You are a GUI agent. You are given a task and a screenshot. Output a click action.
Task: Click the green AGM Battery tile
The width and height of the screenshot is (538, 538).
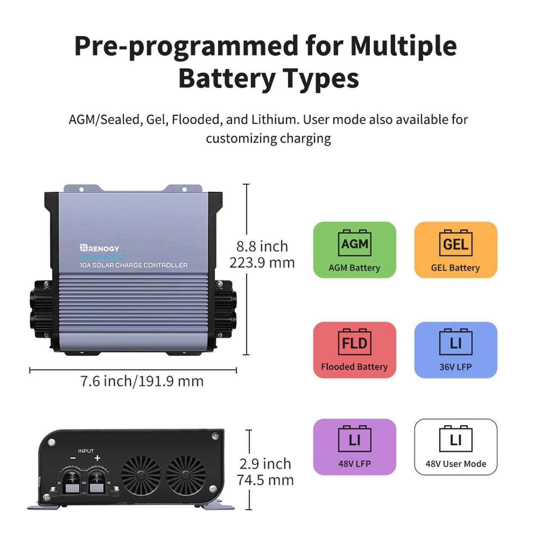pyautogui.click(x=354, y=250)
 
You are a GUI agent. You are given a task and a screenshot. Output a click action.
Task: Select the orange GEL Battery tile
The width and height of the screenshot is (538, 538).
pyautogui.click(x=456, y=250)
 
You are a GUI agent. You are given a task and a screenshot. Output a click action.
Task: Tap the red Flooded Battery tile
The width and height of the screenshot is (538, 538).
pyautogui.click(x=354, y=350)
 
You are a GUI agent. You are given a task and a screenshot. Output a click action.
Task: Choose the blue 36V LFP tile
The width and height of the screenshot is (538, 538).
pyautogui.click(x=456, y=350)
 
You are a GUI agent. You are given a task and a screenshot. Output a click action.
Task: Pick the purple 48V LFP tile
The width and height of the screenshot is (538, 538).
pyautogui.click(x=354, y=446)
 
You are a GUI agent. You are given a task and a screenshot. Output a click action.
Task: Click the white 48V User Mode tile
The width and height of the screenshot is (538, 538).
pyautogui.click(x=456, y=446)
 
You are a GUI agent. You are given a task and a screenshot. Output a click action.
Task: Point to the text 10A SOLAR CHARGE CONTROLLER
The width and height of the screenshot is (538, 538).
pyautogui.click(x=134, y=265)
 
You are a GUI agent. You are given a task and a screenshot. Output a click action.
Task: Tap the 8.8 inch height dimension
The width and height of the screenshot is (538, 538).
pyautogui.click(x=262, y=246)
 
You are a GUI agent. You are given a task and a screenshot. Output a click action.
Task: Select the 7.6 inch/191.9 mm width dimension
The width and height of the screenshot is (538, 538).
pyautogui.click(x=142, y=381)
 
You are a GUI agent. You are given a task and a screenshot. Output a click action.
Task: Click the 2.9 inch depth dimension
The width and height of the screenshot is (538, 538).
pyautogui.click(x=265, y=464)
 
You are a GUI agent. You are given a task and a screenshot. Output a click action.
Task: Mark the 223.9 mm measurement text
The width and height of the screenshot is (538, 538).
pyautogui.click(x=262, y=263)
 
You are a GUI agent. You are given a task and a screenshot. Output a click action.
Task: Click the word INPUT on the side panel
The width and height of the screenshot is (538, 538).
pyautogui.click(x=86, y=451)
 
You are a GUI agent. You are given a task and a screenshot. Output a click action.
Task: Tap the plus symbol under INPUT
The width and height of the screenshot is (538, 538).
pyautogui.click(x=98, y=459)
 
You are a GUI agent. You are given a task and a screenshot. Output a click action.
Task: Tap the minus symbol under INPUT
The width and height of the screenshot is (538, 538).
pyautogui.click(x=73, y=459)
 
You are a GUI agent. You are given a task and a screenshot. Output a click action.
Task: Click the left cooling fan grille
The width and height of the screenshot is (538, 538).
pyautogui.click(x=141, y=475)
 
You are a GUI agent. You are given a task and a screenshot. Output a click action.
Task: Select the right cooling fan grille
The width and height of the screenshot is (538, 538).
pyautogui.click(x=186, y=475)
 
